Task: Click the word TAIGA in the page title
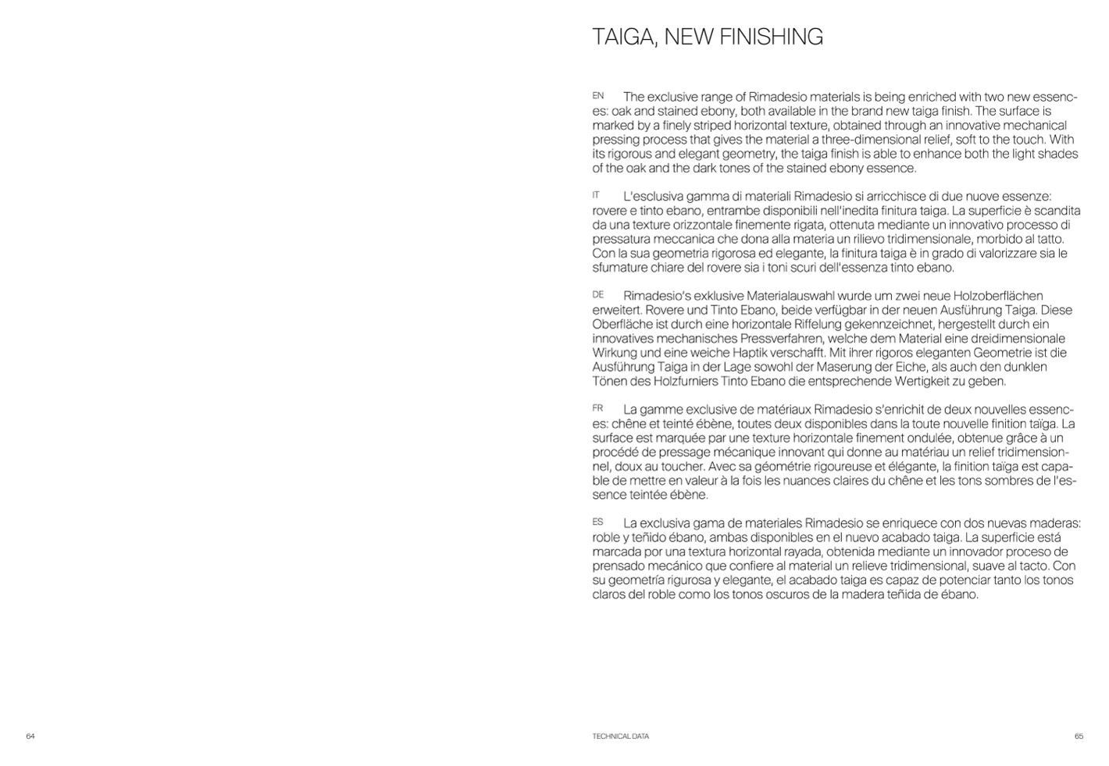point(621,37)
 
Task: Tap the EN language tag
point(598,96)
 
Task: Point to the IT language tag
point(596,195)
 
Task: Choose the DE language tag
point(598,294)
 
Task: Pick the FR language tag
point(597,408)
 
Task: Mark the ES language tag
point(597,522)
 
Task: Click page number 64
point(30,736)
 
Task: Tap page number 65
point(1079,736)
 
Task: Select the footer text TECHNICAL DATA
point(620,736)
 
